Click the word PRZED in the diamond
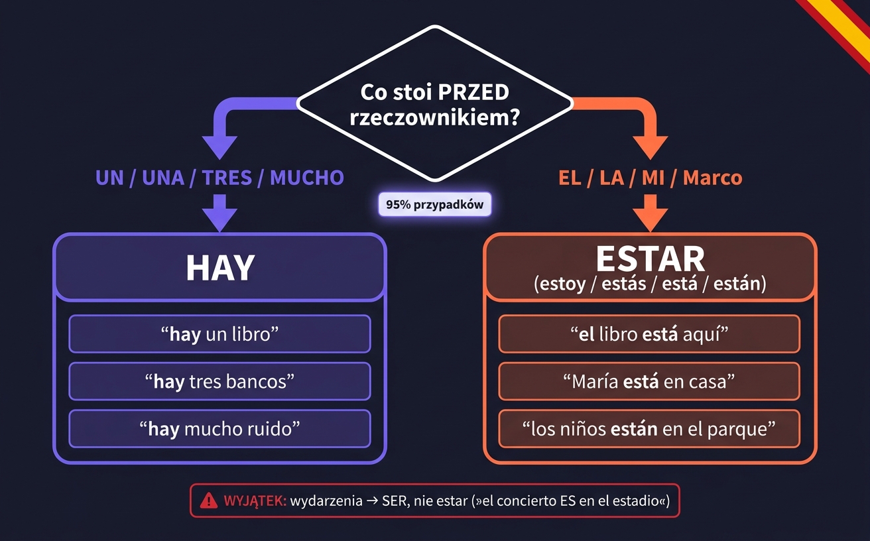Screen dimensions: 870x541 click(x=473, y=92)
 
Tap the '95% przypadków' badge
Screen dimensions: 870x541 click(x=434, y=204)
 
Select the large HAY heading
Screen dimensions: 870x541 click(x=220, y=268)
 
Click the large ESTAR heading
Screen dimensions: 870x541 click(x=650, y=259)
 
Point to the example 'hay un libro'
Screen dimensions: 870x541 click(x=220, y=334)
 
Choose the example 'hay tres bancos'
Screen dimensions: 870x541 click(x=220, y=381)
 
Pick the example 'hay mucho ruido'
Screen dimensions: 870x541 click(x=220, y=429)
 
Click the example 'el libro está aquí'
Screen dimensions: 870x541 click(x=649, y=334)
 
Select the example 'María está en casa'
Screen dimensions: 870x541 click(x=649, y=381)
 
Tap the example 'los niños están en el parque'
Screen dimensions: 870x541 click(x=649, y=429)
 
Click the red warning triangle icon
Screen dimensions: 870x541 click(x=209, y=500)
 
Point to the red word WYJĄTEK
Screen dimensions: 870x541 click(x=255, y=501)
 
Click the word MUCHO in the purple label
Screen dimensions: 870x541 click(x=307, y=178)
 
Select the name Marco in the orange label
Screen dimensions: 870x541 click(x=712, y=178)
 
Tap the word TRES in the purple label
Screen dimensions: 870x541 click(x=227, y=178)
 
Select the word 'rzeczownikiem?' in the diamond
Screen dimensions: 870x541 click(x=434, y=117)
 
